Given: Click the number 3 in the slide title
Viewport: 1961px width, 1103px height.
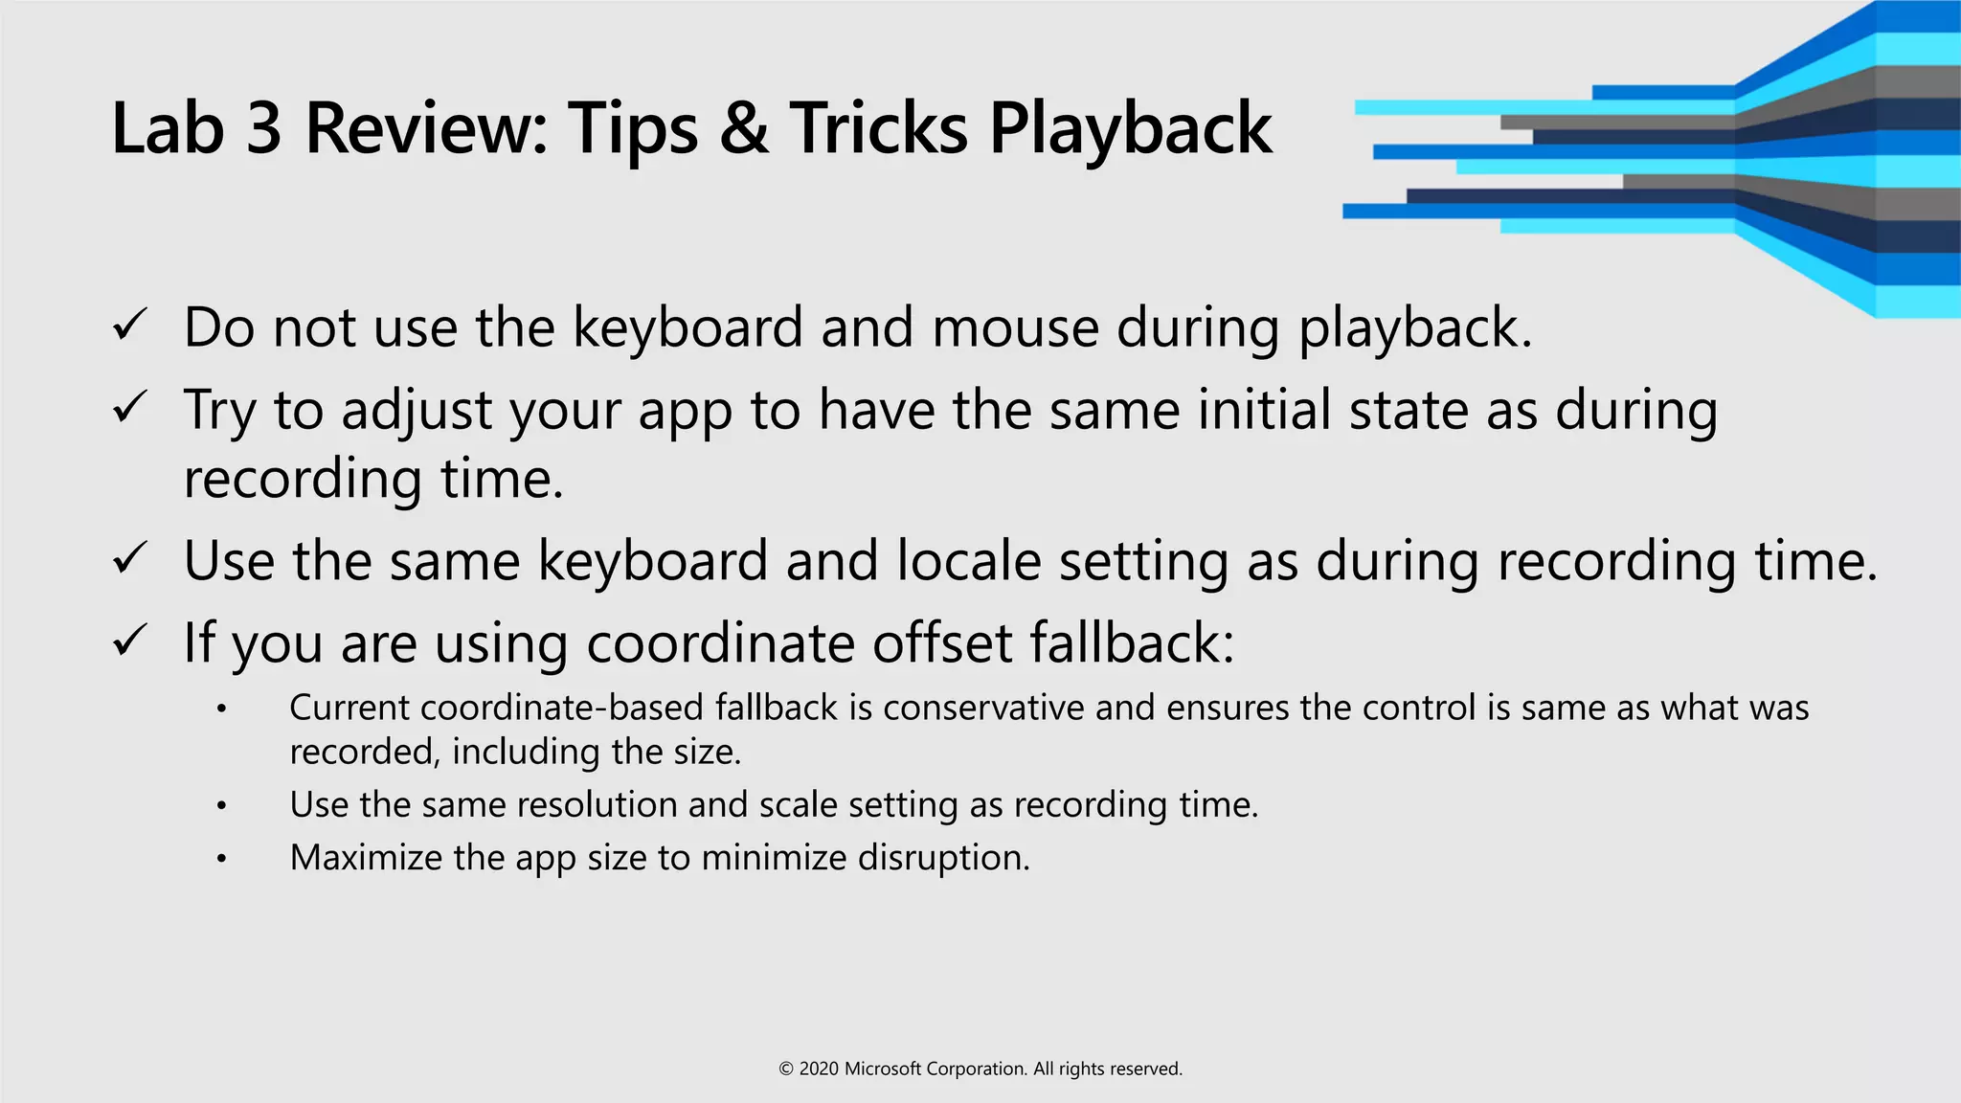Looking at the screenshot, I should coord(263,128).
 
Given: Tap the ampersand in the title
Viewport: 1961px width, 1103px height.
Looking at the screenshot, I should coord(744,128).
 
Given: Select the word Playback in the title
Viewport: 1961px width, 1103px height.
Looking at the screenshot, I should coord(1130,130).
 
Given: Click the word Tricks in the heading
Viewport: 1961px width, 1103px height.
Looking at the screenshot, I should coord(878,128).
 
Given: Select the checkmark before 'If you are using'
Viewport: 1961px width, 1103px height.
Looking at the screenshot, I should coord(129,641).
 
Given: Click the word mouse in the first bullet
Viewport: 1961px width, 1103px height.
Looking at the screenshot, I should coord(1015,328).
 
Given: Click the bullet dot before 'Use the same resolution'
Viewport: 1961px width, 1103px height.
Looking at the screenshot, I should coord(221,806).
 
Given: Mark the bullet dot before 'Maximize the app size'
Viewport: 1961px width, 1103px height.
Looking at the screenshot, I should coord(221,859).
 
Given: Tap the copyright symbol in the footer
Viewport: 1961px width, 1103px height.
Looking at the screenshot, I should coord(786,1069).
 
